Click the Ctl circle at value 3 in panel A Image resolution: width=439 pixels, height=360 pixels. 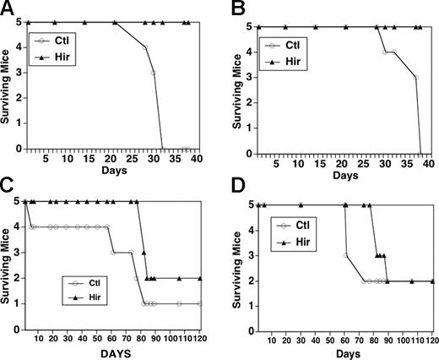[153, 73]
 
